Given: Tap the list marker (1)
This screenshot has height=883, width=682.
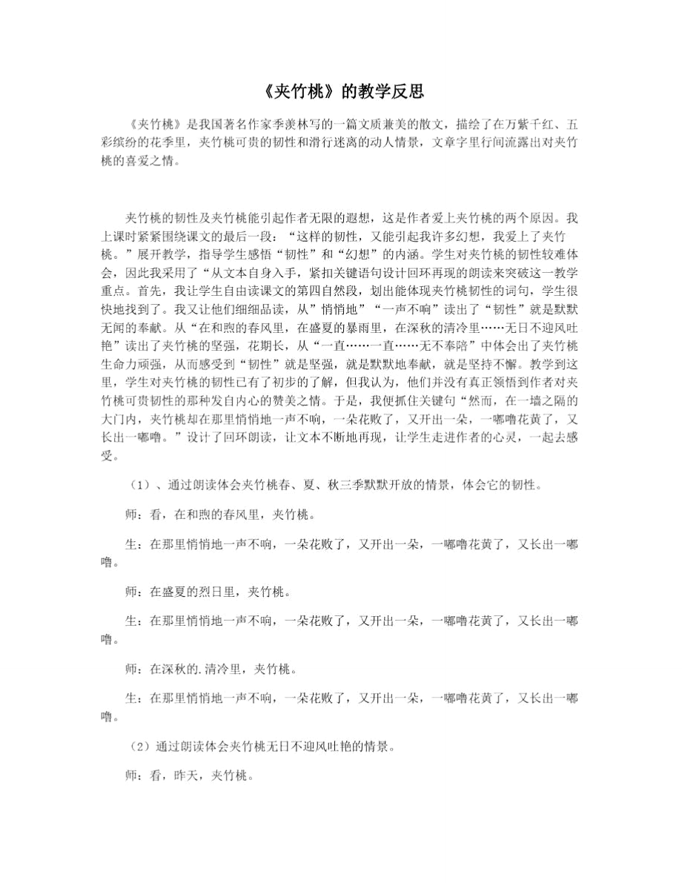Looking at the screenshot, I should coord(137,486).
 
